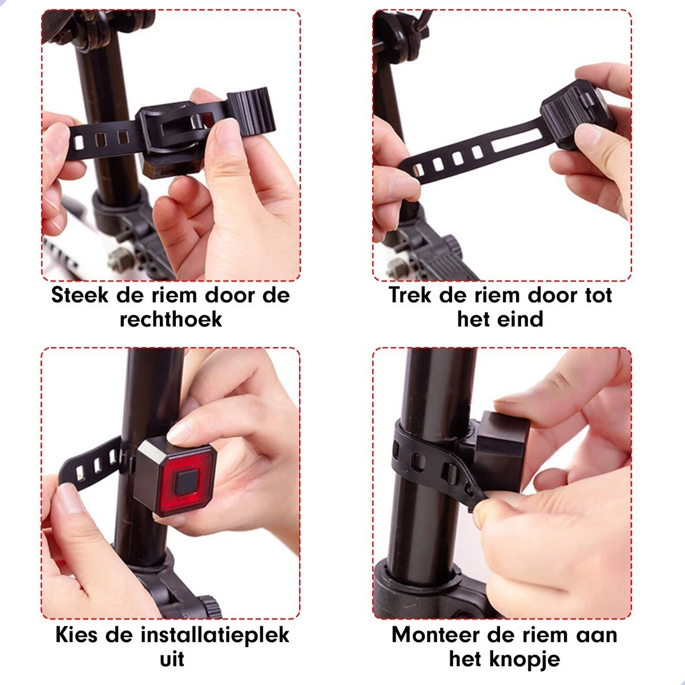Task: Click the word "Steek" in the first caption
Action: (79, 295)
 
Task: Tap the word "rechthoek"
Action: (171, 319)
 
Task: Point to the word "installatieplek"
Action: (215, 635)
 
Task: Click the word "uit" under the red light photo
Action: (172, 659)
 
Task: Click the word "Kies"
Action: (76, 635)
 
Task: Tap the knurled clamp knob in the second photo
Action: (454, 249)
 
